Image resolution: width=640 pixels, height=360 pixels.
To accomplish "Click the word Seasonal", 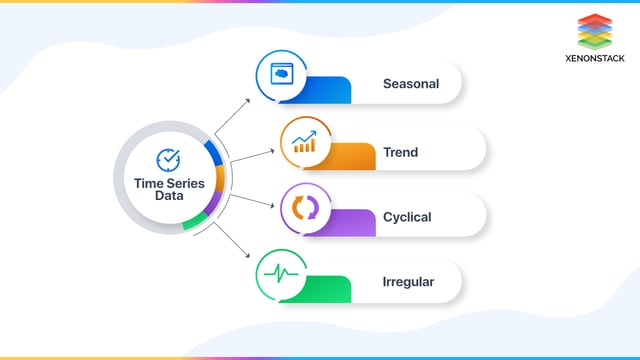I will coord(410,83).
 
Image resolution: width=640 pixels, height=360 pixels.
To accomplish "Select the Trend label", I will coord(400,153).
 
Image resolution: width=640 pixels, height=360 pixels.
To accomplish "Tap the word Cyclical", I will coord(407,217).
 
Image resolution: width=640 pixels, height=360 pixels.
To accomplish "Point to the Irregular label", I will coord(408,283).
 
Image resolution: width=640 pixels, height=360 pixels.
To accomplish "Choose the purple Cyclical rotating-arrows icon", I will coord(304,208).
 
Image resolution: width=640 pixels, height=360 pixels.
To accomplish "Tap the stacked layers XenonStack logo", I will coord(594,31).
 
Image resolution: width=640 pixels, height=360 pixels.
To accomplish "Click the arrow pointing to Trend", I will coord(252,155).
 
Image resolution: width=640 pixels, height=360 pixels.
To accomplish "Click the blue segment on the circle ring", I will coord(211,152).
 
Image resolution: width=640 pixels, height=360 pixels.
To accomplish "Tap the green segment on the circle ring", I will coord(195,221).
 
